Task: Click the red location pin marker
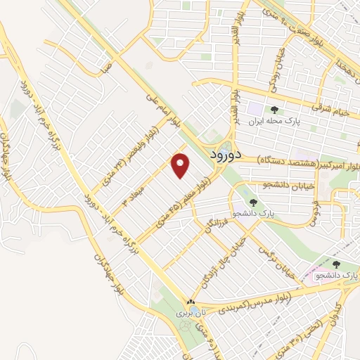(181, 165)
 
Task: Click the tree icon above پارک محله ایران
(274, 110)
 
